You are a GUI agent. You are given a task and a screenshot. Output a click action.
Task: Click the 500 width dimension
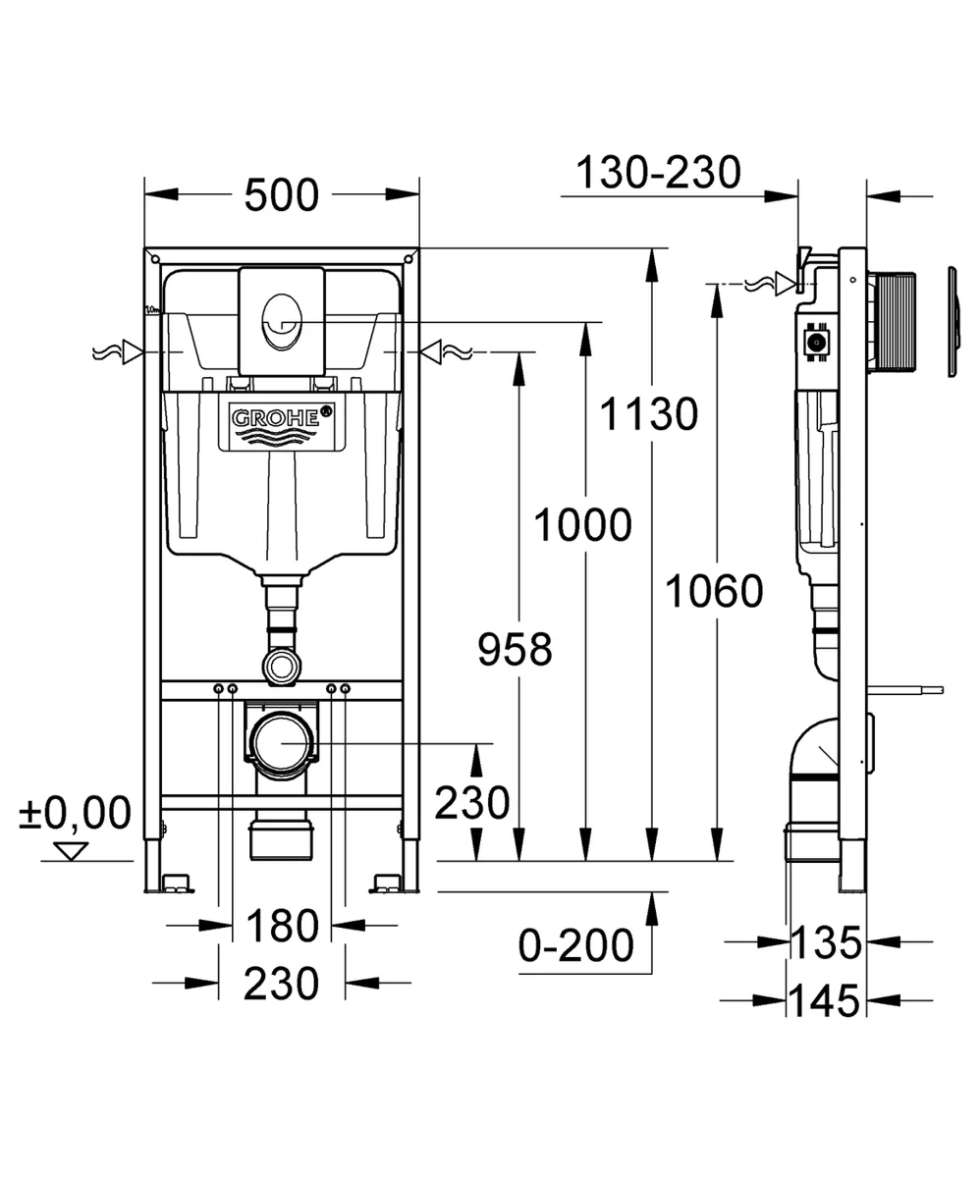pyautogui.click(x=282, y=195)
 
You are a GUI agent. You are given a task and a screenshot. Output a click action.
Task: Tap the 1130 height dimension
pyautogui.click(x=649, y=414)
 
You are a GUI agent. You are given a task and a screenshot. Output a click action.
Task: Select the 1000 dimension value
pyautogui.click(x=583, y=526)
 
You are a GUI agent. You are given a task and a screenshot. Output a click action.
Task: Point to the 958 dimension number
pyautogui.click(x=515, y=649)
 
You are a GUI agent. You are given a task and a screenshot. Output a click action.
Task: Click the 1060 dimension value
pyautogui.click(x=715, y=592)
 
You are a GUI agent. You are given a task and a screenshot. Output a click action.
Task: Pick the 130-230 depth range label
pyautogui.click(x=658, y=173)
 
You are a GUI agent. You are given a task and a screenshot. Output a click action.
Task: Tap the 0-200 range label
pyautogui.click(x=576, y=946)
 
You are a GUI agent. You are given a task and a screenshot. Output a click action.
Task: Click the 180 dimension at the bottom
pyautogui.click(x=282, y=927)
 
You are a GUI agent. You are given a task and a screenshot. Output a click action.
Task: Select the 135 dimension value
pyautogui.click(x=827, y=942)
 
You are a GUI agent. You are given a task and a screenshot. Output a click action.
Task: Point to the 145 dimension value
pyautogui.click(x=825, y=1001)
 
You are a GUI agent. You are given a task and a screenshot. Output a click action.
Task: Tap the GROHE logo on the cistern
pyautogui.click(x=282, y=418)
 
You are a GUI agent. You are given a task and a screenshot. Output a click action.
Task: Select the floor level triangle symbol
pyautogui.click(x=71, y=851)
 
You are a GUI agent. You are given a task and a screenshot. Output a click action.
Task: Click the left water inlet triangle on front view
pyautogui.click(x=134, y=352)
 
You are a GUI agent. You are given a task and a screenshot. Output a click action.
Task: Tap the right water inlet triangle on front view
pyautogui.click(x=430, y=352)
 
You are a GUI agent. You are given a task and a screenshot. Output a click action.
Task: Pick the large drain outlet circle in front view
pyautogui.click(x=282, y=743)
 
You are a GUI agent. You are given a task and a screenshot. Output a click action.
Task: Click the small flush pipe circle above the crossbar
pyautogui.click(x=281, y=666)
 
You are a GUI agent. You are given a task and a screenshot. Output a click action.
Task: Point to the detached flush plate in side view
pyautogui.click(x=953, y=322)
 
